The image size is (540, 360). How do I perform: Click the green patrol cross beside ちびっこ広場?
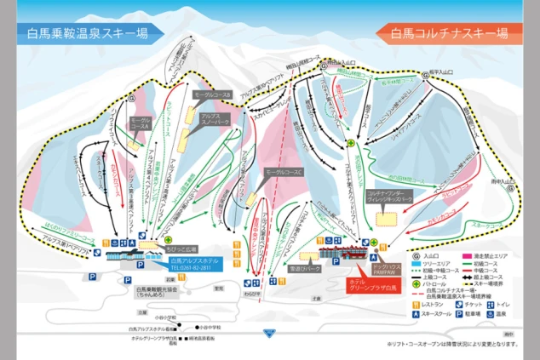point(169,241)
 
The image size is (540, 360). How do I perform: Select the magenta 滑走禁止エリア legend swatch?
point(468,254)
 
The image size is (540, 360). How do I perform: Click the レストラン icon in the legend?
point(416,304)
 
